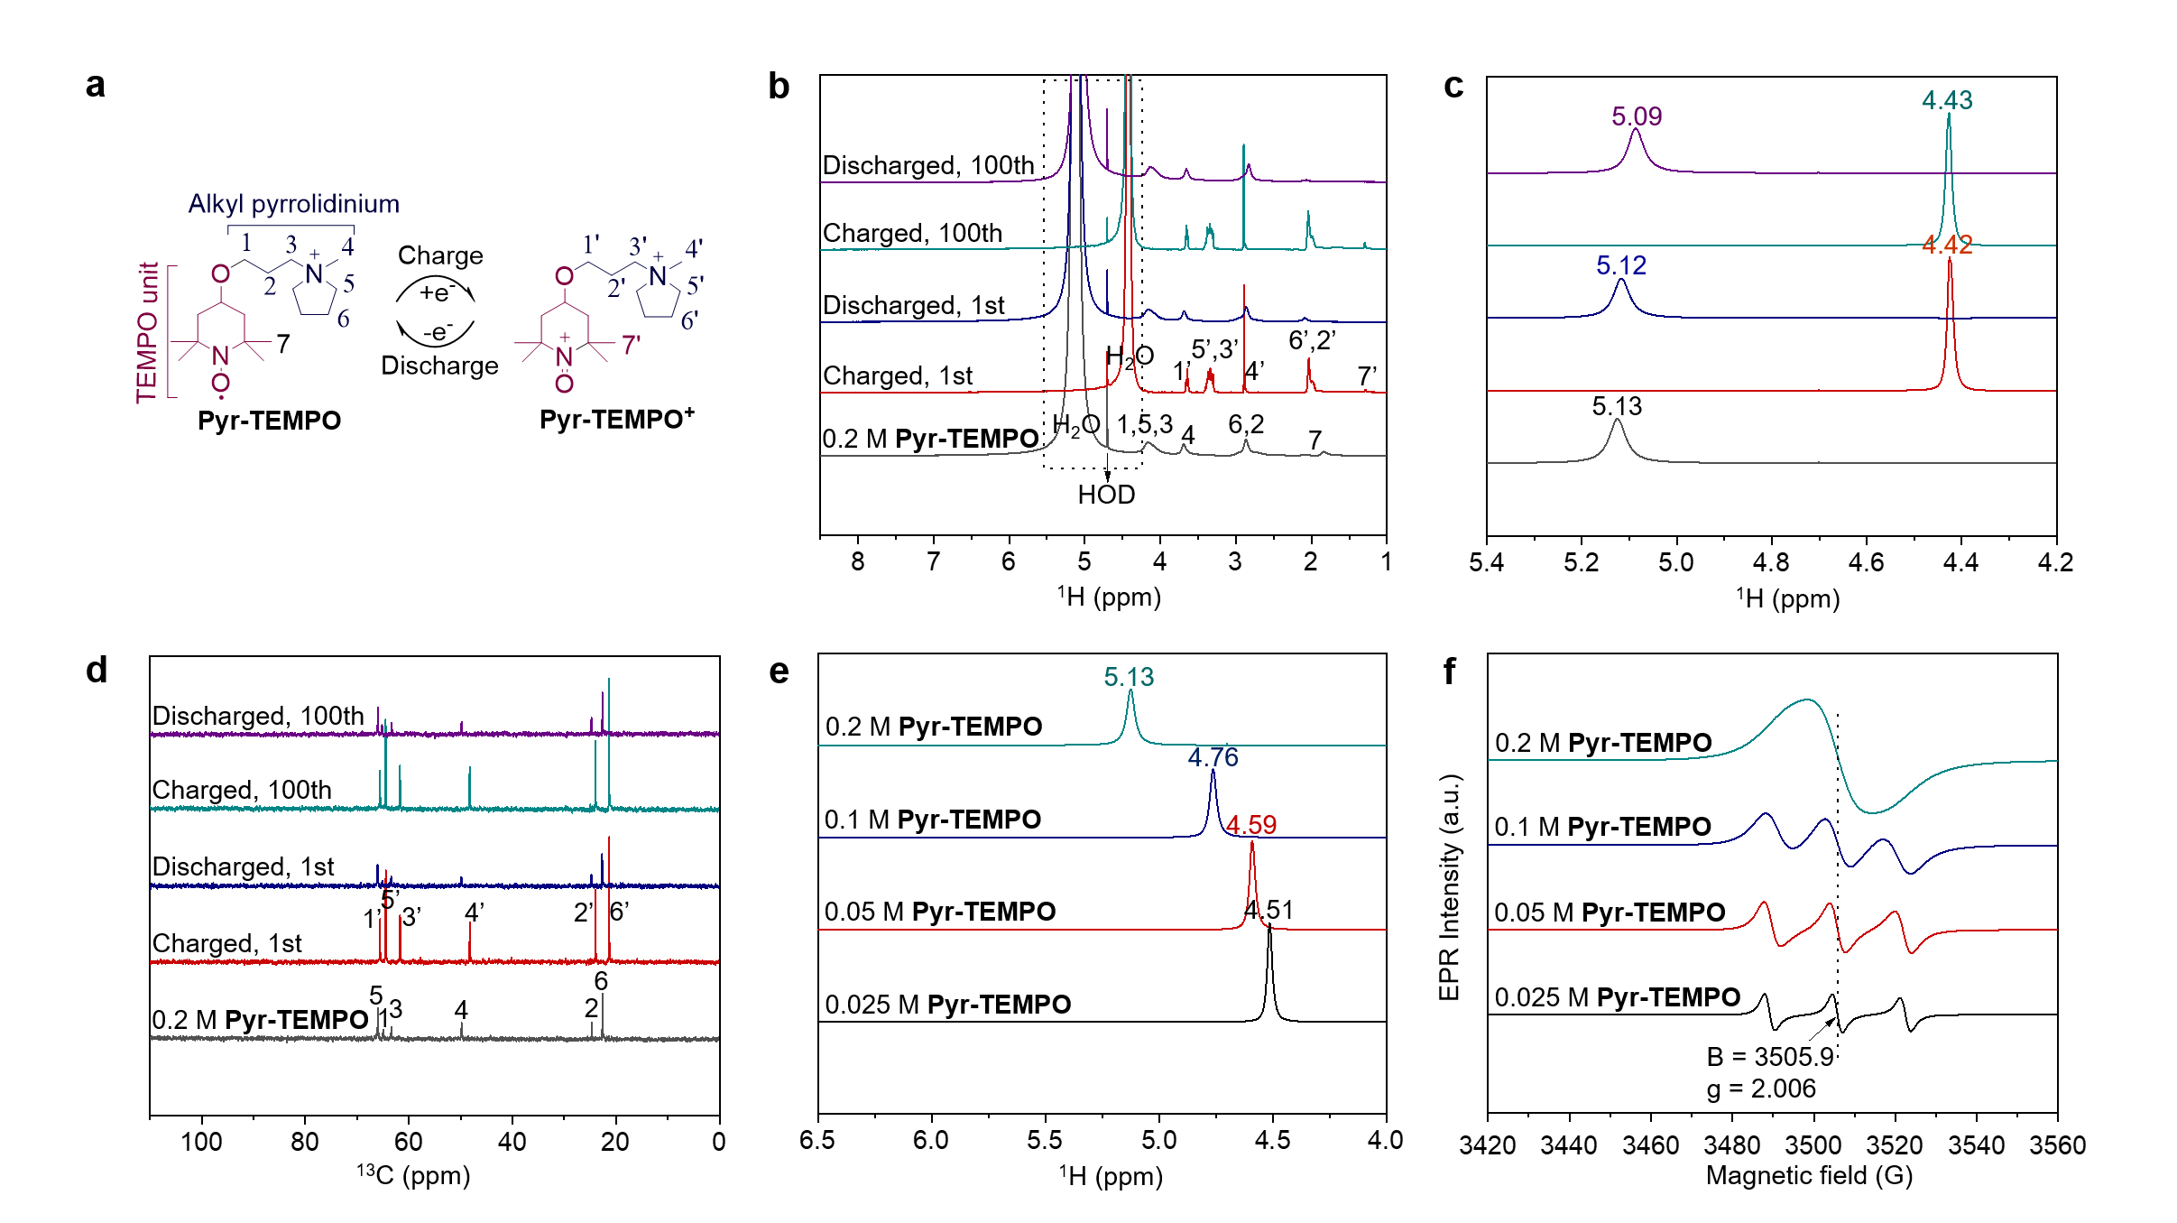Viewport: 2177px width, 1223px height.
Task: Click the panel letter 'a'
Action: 95,85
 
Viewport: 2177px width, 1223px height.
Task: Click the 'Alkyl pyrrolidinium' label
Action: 293,204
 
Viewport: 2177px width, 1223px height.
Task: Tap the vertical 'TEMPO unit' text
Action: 147,332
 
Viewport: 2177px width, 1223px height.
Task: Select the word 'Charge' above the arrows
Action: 440,255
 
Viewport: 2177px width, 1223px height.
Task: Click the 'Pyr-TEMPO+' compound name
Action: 616,420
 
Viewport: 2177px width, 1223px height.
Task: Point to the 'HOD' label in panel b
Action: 1106,495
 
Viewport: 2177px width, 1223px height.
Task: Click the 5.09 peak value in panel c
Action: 1636,116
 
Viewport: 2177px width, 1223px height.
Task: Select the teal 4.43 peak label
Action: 1946,100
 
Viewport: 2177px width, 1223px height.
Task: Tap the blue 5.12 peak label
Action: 1620,265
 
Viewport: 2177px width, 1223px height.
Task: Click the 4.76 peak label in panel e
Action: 1213,757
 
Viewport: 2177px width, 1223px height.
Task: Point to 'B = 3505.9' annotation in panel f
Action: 1769,1057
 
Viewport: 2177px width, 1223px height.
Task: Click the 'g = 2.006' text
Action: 1760,1089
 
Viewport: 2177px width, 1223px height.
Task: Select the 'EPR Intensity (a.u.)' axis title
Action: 1449,886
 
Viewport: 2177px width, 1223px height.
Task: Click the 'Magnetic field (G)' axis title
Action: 1809,1175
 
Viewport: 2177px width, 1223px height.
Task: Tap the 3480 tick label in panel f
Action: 1731,1145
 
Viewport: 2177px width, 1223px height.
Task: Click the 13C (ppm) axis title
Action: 413,1174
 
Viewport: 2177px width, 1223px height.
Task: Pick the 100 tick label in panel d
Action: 201,1142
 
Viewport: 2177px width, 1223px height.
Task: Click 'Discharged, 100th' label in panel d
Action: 257,716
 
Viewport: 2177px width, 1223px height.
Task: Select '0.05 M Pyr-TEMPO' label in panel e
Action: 939,912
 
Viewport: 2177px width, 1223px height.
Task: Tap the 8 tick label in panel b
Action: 857,562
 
